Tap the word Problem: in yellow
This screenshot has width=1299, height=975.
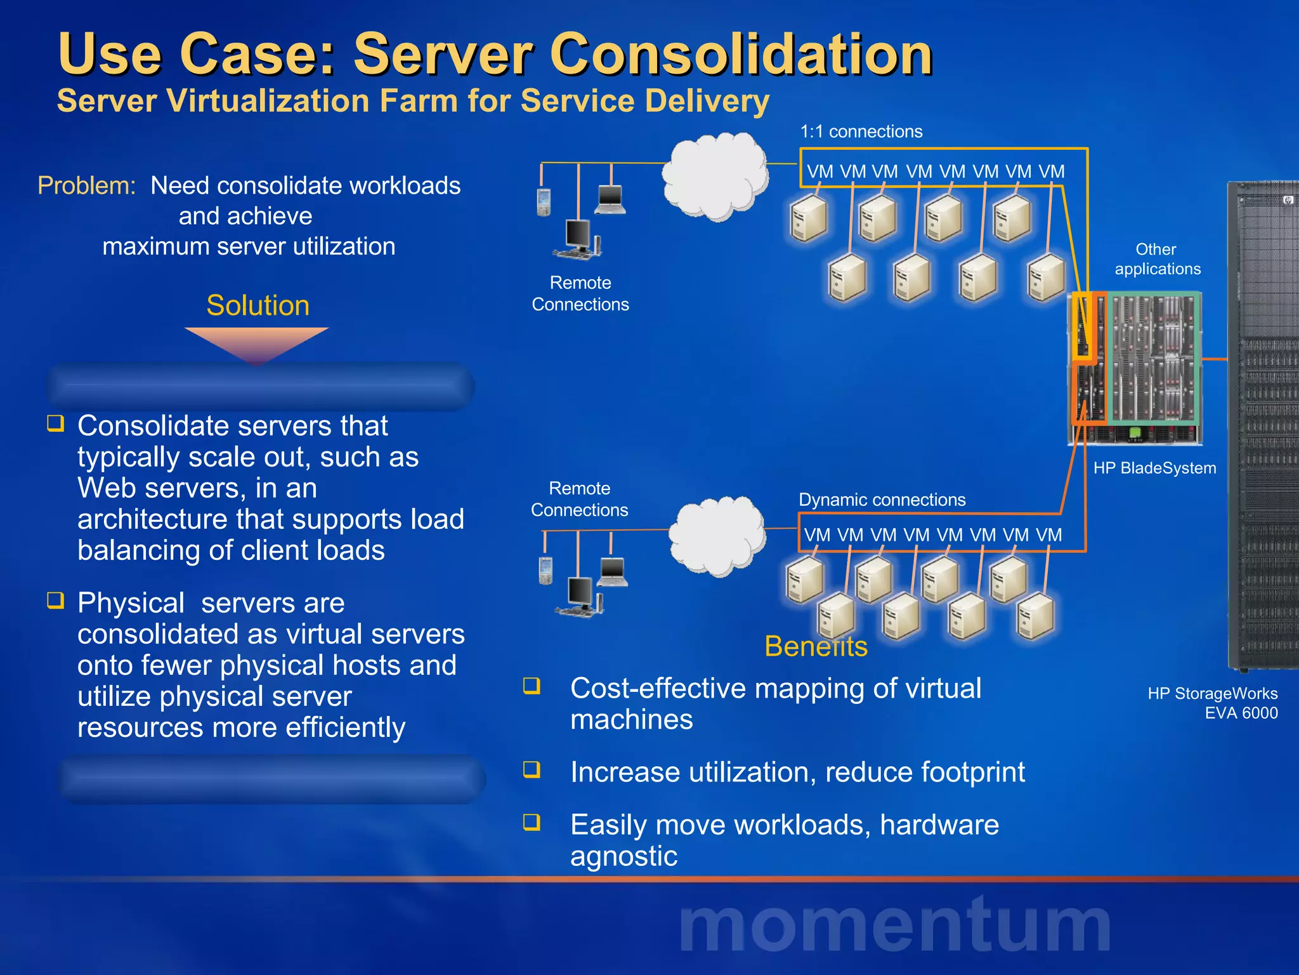coord(87,186)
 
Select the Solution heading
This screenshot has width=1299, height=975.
coord(258,305)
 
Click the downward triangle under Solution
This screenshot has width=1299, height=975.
coord(256,343)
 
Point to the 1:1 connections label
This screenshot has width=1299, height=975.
coord(861,131)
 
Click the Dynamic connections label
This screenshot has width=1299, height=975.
coord(882,500)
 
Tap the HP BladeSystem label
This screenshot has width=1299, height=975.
coord(1154,468)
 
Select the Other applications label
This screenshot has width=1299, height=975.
coord(1157,259)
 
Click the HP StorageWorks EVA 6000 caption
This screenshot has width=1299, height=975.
coord(1212,703)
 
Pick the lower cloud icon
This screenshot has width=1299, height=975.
coord(717,536)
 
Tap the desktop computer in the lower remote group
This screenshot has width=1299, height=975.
coord(579,596)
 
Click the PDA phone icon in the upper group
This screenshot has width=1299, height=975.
coord(544,202)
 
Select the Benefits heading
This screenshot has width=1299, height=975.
coord(816,647)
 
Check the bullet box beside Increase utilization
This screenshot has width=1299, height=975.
coord(532,769)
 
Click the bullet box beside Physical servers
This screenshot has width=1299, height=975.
coord(56,600)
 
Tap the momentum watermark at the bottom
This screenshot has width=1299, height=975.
coord(894,925)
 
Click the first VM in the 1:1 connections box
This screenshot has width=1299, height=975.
coord(819,171)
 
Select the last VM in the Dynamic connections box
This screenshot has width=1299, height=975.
coord(1049,535)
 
